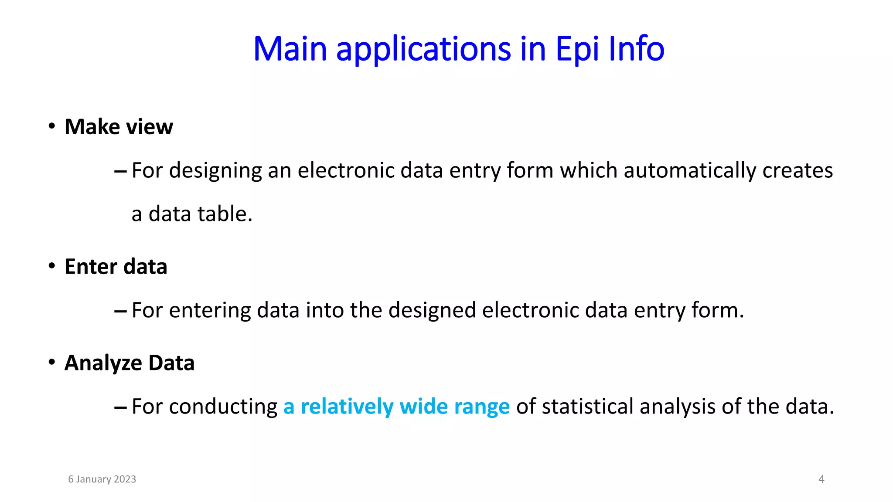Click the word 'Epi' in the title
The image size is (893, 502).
tap(577, 49)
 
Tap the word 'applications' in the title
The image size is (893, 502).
tap(423, 49)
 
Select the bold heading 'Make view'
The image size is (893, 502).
tap(119, 127)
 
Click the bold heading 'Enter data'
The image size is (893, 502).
tap(116, 267)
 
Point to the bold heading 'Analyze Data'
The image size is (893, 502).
tap(129, 363)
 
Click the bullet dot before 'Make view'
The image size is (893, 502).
tap(52, 126)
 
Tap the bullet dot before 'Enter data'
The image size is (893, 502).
tap(52, 266)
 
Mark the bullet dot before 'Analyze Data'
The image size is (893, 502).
tap(52, 362)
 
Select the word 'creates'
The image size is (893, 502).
tap(798, 170)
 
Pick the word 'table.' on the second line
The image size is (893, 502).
tap(225, 214)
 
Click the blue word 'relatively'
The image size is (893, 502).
tap(347, 407)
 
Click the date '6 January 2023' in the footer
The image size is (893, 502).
tap(102, 479)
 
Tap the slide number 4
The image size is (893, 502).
tap(821, 479)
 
